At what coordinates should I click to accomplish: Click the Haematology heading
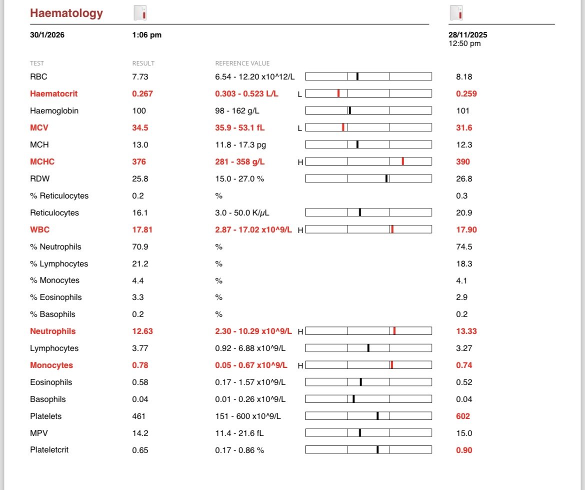click(x=66, y=13)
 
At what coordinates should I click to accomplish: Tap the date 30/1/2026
click(x=47, y=34)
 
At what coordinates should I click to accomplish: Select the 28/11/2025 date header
click(x=468, y=34)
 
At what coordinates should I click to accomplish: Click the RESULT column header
click(x=143, y=63)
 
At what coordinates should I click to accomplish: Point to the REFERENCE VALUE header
click(x=242, y=63)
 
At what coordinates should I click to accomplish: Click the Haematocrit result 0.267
click(x=142, y=93)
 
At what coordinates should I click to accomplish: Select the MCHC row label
click(x=42, y=161)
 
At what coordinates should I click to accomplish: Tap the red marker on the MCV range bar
click(x=343, y=127)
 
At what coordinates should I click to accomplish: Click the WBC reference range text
click(x=253, y=229)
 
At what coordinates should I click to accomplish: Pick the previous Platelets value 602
click(x=463, y=416)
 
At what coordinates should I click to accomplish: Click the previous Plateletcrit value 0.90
click(x=464, y=450)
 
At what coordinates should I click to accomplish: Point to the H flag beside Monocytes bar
click(x=300, y=365)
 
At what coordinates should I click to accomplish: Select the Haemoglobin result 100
click(x=139, y=111)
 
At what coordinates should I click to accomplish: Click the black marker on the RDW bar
click(x=386, y=179)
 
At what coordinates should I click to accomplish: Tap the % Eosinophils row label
click(x=56, y=297)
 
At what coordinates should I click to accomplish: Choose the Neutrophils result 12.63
click(x=142, y=331)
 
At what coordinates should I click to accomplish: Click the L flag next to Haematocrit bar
click(x=300, y=94)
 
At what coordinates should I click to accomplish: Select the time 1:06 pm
click(x=147, y=34)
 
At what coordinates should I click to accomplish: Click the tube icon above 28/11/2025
click(x=456, y=13)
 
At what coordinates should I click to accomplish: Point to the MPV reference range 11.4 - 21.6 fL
click(x=239, y=433)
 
